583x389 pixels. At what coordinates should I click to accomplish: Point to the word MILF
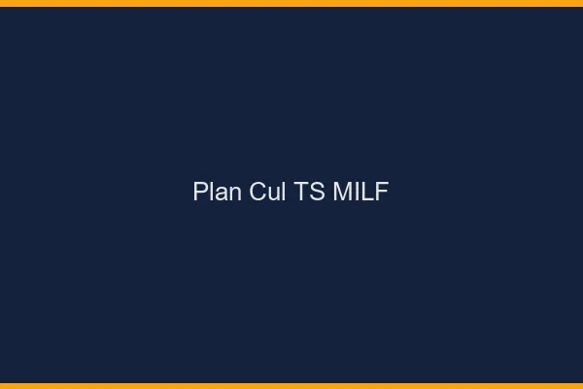[x=360, y=192]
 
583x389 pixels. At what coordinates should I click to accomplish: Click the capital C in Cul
[x=258, y=192]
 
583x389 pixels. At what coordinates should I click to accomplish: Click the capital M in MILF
[x=342, y=192]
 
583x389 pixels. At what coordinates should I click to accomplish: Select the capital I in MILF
[x=357, y=192]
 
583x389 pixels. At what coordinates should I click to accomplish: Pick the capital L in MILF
[x=367, y=192]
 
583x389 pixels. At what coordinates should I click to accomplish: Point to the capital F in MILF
[x=382, y=192]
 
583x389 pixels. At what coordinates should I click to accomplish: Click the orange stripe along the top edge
[x=291, y=3]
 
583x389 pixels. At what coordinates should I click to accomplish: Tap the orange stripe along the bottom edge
[x=291, y=385]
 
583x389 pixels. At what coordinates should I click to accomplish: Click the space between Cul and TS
[x=291, y=192]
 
